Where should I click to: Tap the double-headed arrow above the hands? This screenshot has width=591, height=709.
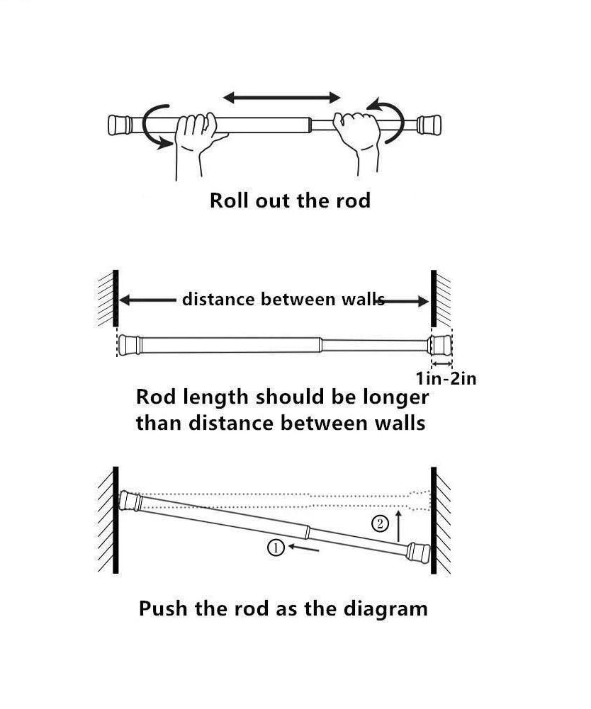[x=282, y=97]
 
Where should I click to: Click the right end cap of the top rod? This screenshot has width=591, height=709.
[x=429, y=125]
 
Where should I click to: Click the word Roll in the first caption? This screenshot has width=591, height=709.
[x=225, y=200]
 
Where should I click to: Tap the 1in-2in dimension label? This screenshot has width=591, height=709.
[x=445, y=378]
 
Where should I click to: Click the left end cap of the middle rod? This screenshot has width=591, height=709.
[x=129, y=344]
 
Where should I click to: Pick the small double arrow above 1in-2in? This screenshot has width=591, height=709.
[x=439, y=363]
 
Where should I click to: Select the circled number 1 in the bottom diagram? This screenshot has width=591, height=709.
[x=276, y=547]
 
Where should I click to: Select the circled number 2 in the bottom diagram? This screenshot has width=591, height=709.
[x=381, y=524]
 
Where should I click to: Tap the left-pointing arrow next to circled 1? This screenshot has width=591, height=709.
[x=304, y=548]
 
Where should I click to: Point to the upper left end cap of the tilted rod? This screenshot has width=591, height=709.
[x=131, y=501]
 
